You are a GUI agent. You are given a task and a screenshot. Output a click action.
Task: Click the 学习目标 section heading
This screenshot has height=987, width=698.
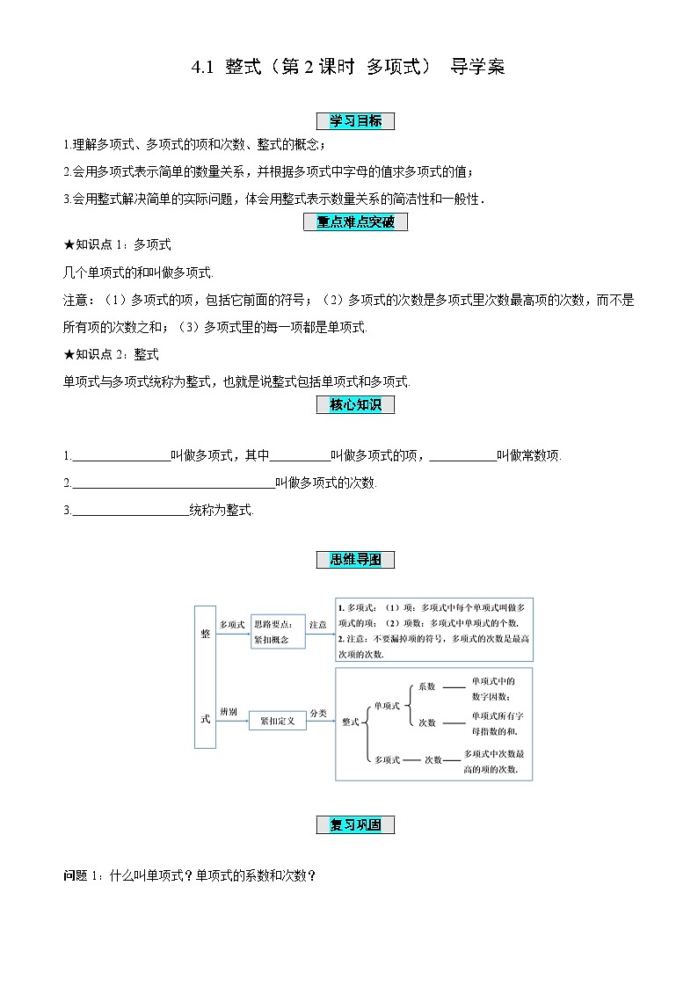[355, 121]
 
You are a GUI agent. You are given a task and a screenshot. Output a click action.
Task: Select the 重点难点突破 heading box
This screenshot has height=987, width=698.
[355, 222]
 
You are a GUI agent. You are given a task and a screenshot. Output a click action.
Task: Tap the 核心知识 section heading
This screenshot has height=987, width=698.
[355, 404]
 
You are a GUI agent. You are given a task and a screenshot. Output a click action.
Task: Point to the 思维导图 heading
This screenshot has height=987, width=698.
[355, 560]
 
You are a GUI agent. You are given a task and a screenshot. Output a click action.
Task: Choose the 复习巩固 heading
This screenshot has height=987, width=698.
[355, 824]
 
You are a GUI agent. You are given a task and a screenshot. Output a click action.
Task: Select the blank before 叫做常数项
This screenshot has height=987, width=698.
[463, 456]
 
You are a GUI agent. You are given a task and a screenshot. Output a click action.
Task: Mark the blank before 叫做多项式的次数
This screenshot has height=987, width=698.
[172, 483]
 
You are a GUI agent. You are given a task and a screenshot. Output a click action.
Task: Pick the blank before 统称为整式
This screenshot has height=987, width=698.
[130, 510]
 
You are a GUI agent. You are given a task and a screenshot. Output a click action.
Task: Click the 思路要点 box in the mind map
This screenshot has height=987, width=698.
[278, 631]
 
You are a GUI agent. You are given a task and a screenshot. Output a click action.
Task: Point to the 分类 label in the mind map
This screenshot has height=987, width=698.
[318, 713]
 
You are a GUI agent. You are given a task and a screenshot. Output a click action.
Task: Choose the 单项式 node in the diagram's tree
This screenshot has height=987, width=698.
[387, 705]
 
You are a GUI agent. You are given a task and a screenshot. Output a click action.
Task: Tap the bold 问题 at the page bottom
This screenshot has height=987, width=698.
[76, 875]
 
